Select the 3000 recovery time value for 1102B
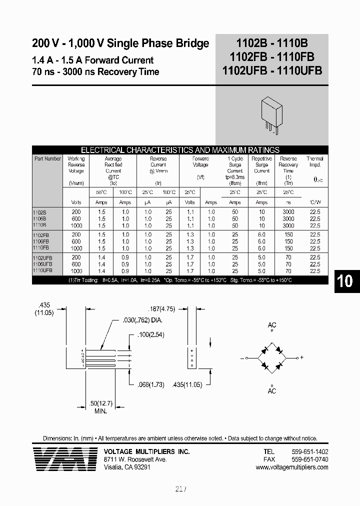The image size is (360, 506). [288, 212]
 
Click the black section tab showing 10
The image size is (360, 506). [344, 281]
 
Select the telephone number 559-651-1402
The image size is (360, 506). [310, 451]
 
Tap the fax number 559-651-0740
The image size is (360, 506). [310, 459]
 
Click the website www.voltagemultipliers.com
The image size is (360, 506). [292, 467]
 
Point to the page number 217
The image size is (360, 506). [181, 489]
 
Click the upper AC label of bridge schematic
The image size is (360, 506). [272, 325]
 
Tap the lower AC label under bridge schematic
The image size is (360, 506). [272, 390]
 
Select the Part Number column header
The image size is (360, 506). [48, 159]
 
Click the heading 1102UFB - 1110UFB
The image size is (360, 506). [272, 70]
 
